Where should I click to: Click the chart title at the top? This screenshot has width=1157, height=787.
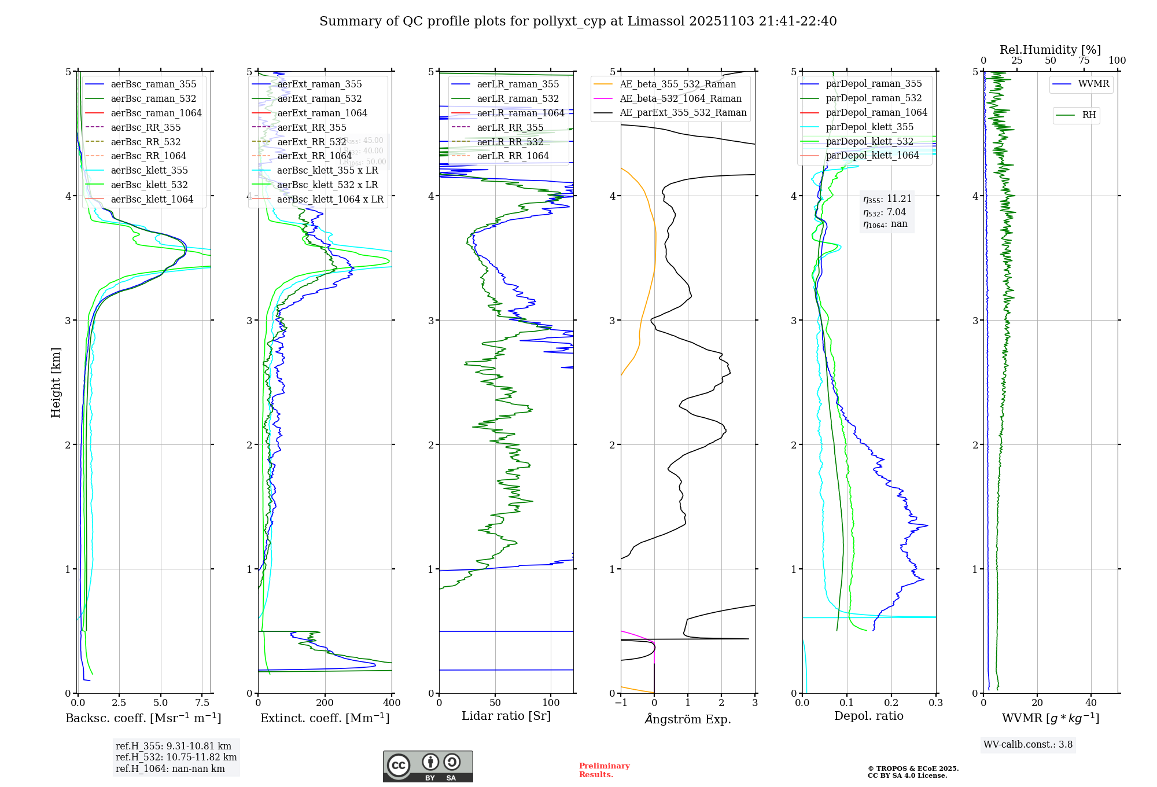(578, 21)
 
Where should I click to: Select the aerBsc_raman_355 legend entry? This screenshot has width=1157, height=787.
(153, 84)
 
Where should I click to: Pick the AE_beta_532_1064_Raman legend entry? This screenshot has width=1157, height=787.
(680, 99)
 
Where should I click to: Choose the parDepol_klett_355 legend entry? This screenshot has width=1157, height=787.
(869, 127)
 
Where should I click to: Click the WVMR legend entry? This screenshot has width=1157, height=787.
(1093, 84)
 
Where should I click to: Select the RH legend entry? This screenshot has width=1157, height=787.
(1089, 115)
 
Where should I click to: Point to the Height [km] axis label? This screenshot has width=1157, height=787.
(56, 383)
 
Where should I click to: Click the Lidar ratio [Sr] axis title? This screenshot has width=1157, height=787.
(506, 716)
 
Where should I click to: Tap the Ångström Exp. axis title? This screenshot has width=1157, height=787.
(688, 719)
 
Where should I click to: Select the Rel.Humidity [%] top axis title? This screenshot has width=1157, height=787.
(1050, 50)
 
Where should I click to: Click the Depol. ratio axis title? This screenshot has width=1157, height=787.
(868, 716)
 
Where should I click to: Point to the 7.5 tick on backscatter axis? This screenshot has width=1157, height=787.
(202, 703)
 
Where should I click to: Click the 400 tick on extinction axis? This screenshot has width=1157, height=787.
(392, 703)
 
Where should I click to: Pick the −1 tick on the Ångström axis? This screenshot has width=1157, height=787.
(621, 703)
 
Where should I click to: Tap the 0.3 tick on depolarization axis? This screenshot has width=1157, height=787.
(935, 703)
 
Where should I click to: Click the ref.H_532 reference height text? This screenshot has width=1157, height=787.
(176, 757)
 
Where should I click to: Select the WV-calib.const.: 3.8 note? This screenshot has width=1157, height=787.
(1028, 745)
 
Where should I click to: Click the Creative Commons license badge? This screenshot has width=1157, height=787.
(428, 767)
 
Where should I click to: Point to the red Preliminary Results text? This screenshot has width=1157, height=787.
(604, 770)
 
